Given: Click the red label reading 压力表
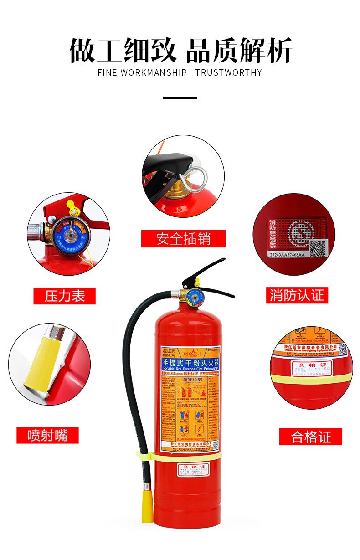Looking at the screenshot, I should click(x=65, y=296).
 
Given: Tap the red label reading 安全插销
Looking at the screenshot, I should click(x=183, y=239).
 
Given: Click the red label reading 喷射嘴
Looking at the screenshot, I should click(x=47, y=436).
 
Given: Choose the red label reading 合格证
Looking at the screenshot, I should click(x=311, y=437).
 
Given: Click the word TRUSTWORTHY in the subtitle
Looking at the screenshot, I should click(x=228, y=72).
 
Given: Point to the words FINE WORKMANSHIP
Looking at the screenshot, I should click(x=142, y=72).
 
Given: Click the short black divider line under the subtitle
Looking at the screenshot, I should click(x=180, y=98).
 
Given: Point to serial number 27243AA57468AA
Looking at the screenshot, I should click(x=287, y=256).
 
